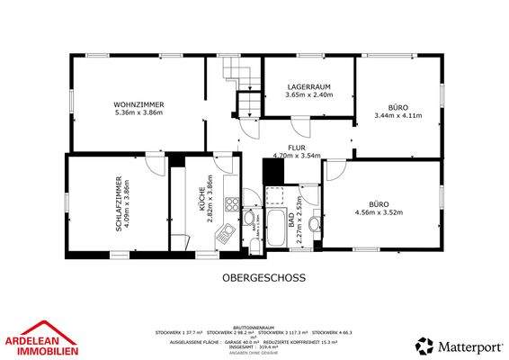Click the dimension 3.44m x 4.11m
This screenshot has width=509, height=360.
coord(397,114)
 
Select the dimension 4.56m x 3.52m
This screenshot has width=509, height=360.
coord(379,212)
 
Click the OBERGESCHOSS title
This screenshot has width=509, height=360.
coord(264,278)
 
